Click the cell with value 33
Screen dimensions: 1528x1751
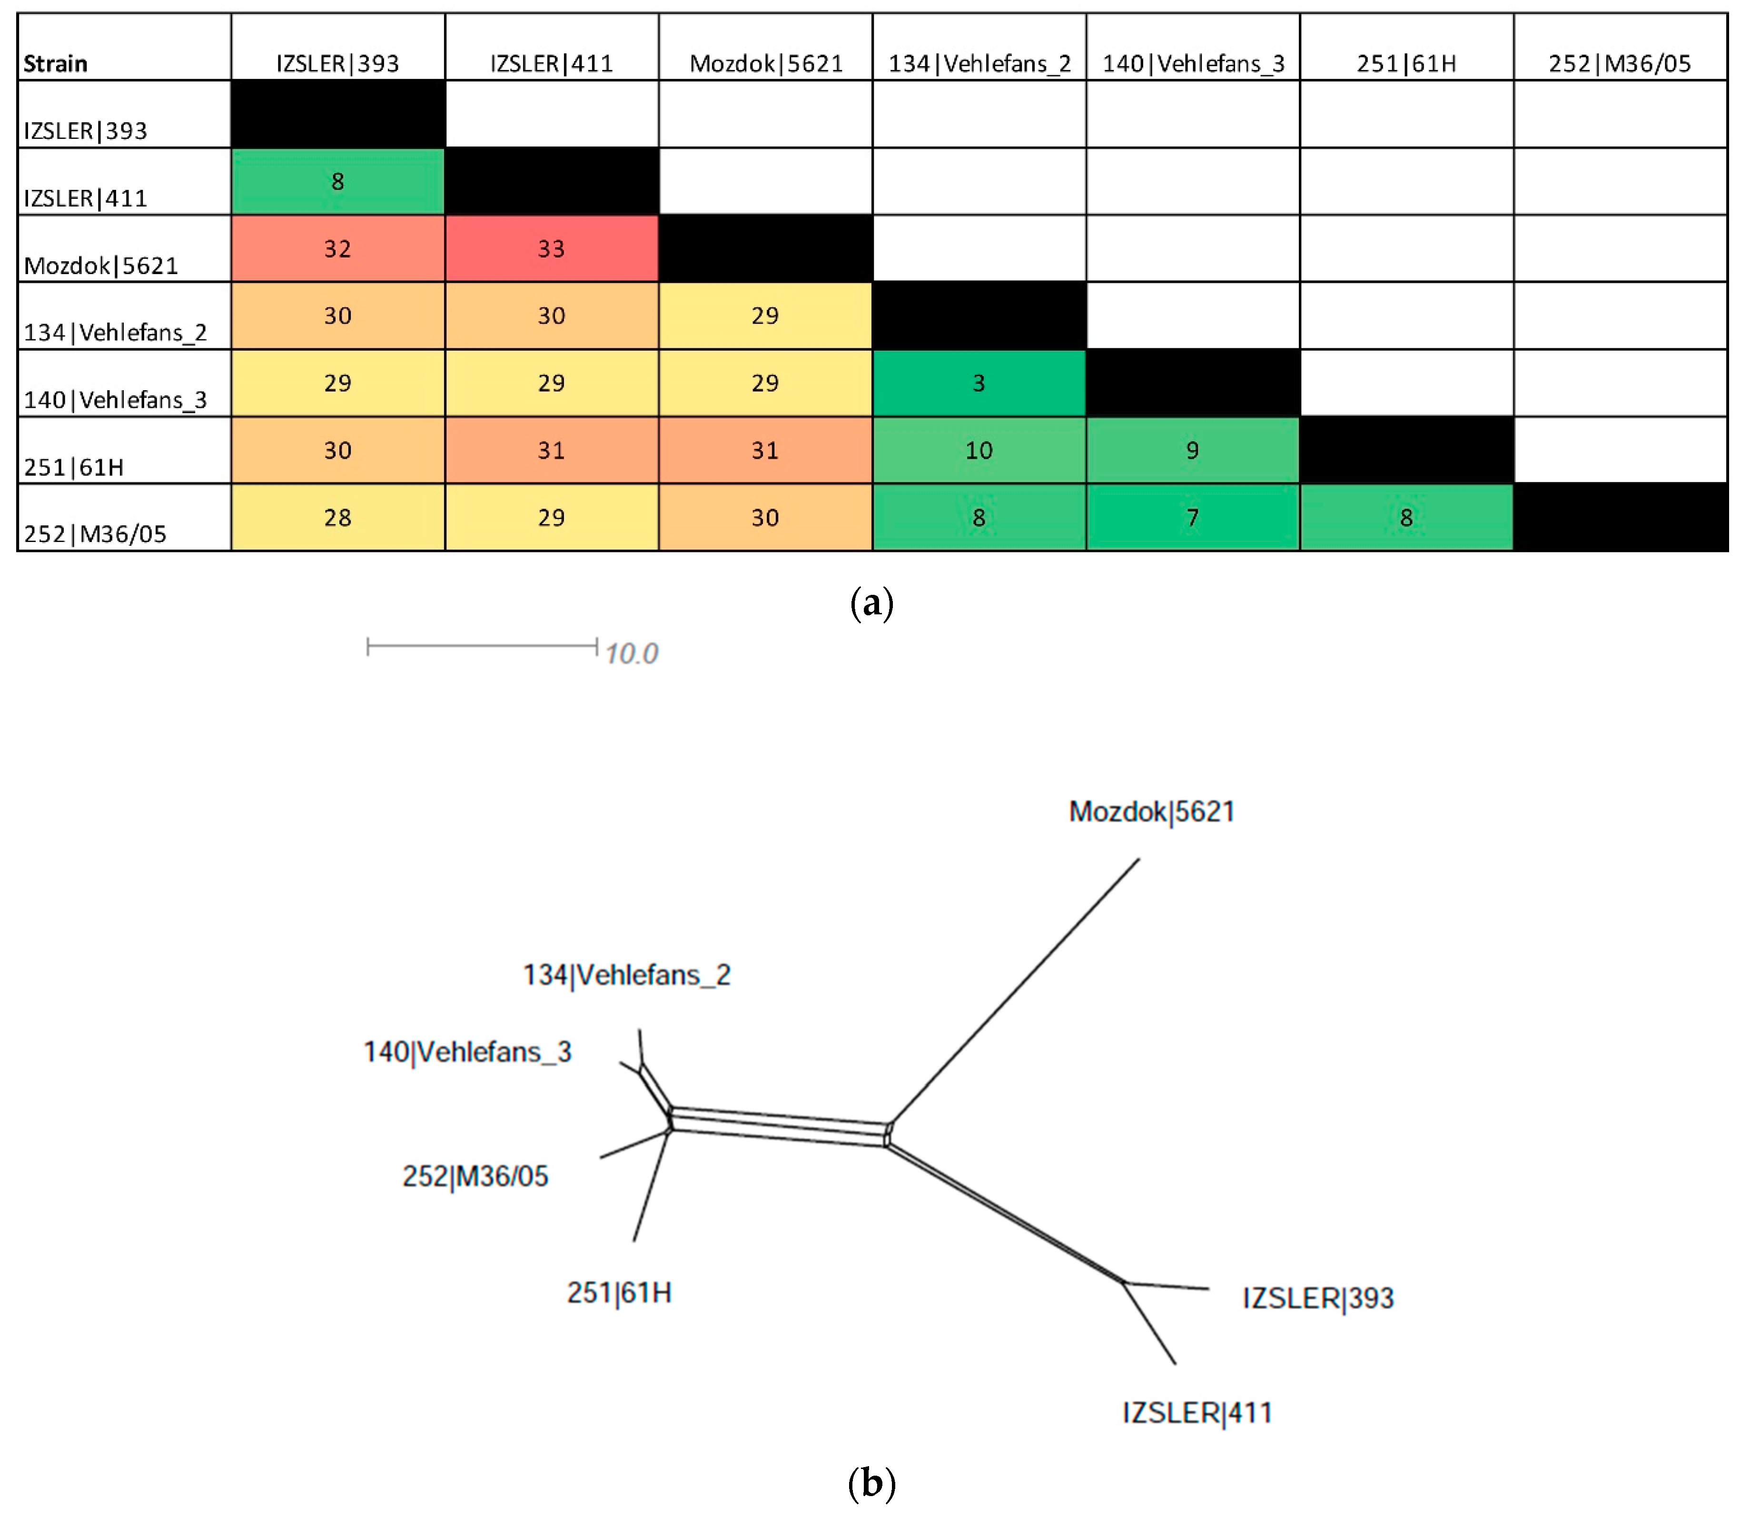[x=551, y=248]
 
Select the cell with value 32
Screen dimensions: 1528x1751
[x=338, y=248]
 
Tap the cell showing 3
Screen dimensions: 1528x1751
[x=979, y=383]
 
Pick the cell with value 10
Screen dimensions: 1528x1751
[x=979, y=450]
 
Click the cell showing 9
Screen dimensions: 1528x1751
[x=1192, y=450]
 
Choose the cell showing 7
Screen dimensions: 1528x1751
[x=1192, y=518]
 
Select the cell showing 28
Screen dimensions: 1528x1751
[x=338, y=518]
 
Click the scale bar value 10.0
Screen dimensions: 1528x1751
[x=631, y=654]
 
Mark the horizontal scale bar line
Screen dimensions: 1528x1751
[x=482, y=646]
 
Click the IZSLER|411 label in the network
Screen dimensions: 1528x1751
[x=1197, y=1413]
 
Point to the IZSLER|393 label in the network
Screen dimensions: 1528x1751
[x=1318, y=1298]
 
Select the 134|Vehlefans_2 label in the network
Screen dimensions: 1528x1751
[x=627, y=975]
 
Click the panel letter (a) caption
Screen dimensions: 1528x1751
[x=871, y=604]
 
